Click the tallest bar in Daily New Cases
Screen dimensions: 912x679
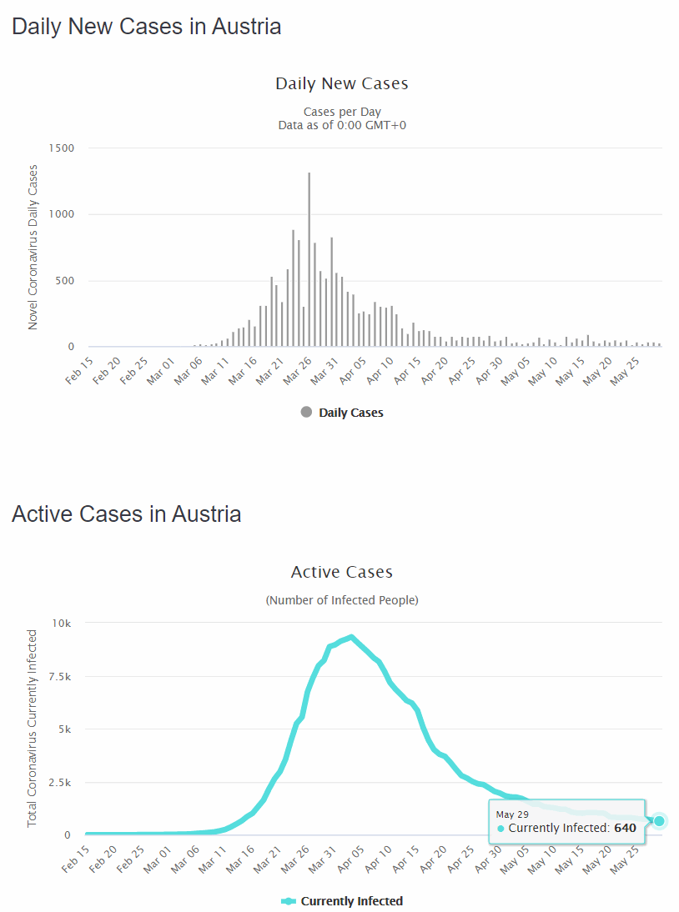coord(309,258)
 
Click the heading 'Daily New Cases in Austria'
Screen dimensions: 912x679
coord(147,27)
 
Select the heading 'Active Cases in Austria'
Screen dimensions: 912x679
coord(127,514)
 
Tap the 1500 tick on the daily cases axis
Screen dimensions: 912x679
coord(61,148)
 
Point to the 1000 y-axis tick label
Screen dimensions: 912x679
coord(61,214)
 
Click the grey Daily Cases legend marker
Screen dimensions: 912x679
coord(306,412)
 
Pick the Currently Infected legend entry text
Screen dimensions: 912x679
coord(351,901)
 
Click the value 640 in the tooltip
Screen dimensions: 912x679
coord(625,829)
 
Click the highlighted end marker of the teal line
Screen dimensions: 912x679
coord(659,821)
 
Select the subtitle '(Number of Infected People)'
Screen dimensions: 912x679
coord(342,600)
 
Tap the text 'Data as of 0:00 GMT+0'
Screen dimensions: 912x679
coord(342,125)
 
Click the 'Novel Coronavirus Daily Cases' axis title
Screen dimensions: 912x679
coord(33,248)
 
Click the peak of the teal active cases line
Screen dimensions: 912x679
coord(352,638)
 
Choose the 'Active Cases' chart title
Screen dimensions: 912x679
coord(342,573)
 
